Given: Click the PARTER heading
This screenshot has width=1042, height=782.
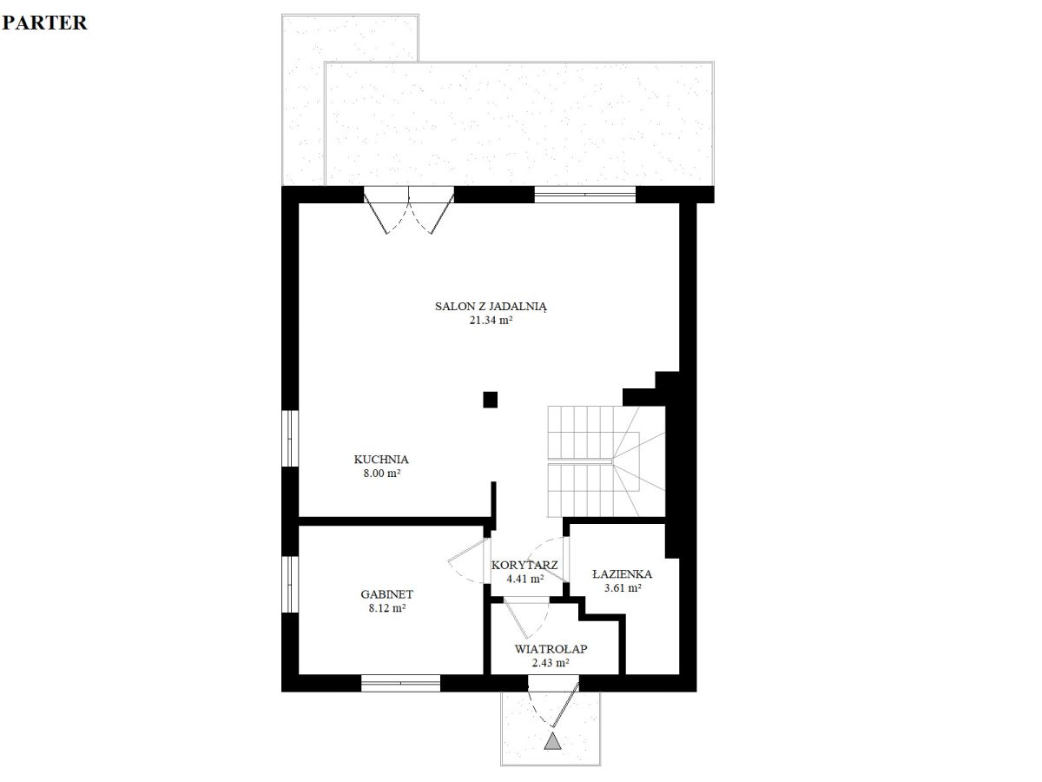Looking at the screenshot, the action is point(44,23).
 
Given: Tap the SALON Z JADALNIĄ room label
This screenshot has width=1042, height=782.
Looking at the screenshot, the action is point(491,307).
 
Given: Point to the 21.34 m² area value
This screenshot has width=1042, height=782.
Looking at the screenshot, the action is point(491,321).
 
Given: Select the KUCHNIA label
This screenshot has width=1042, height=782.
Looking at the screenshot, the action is point(381,460).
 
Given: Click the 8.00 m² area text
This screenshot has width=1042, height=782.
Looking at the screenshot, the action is point(382,474).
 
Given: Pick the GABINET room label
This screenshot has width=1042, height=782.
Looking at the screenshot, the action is point(387,594).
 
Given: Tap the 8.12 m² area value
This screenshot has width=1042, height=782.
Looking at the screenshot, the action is point(387,608).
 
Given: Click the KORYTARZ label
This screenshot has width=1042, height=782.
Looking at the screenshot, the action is point(524,566).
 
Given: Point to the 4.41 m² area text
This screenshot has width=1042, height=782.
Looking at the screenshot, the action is point(525,580).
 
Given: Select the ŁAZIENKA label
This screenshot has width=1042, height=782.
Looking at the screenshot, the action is point(623,574).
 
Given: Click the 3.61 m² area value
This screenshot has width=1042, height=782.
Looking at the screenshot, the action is point(623,588).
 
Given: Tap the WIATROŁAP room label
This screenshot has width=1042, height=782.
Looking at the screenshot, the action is point(551,649).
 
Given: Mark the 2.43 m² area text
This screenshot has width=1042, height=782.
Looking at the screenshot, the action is point(551,663).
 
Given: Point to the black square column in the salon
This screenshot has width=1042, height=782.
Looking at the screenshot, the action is point(491,400).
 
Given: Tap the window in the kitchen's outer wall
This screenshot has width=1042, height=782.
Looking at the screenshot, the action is point(290,438).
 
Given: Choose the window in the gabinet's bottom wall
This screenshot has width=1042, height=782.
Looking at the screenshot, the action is point(400,683).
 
